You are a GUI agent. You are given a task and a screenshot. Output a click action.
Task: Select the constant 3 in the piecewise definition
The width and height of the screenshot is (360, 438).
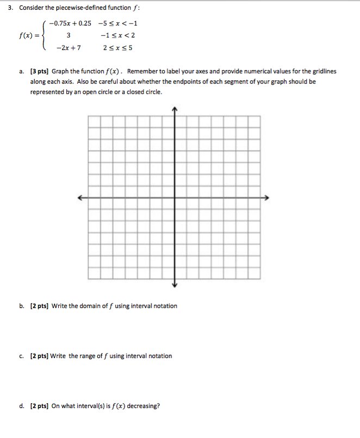pyautogui.click(x=69, y=35)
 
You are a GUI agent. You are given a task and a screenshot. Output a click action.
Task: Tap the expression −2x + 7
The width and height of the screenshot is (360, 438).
pyautogui.click(x=69, y=48)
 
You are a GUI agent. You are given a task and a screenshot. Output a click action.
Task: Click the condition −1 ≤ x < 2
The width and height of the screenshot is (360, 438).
pyautogui.click(x=118, y=35)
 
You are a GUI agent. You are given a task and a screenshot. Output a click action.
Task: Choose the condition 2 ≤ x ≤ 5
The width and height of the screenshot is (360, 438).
pyautogui.click(x=117, y=48)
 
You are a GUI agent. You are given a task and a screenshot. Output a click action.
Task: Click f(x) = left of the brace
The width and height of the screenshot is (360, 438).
pyautogui.click(x=26, y=36)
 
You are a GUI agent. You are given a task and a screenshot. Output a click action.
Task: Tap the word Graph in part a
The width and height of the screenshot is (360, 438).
pyautogui.click(x=61, y=71)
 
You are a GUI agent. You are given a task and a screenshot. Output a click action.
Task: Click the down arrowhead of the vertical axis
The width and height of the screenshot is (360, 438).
pyautogui.click(x=175, y=285)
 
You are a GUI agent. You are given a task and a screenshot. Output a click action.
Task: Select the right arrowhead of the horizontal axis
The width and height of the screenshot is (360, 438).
pyautogui.click(x=267, y=197)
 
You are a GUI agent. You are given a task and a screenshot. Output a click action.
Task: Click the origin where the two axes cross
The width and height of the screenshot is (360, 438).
pyautogui.click(x=175, y=197)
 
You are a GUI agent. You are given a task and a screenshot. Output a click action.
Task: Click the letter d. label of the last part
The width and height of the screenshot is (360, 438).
pyautogui.click(x=21, y=406)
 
